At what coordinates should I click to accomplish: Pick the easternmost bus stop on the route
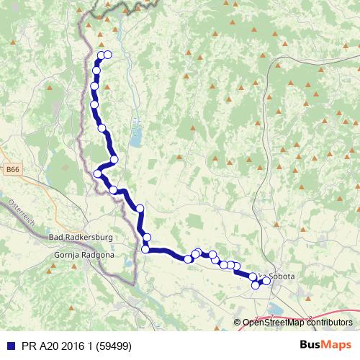coord(266,281)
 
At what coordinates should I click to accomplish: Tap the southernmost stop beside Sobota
coord(255,285)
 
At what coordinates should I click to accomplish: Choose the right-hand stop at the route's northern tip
coord(108,55)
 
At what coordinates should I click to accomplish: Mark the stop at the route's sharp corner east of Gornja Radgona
coord(145,249)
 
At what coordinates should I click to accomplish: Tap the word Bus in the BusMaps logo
coord(309,345)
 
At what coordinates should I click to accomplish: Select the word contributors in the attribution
coord(328,323)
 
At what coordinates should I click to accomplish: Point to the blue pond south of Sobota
coord(274,310)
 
